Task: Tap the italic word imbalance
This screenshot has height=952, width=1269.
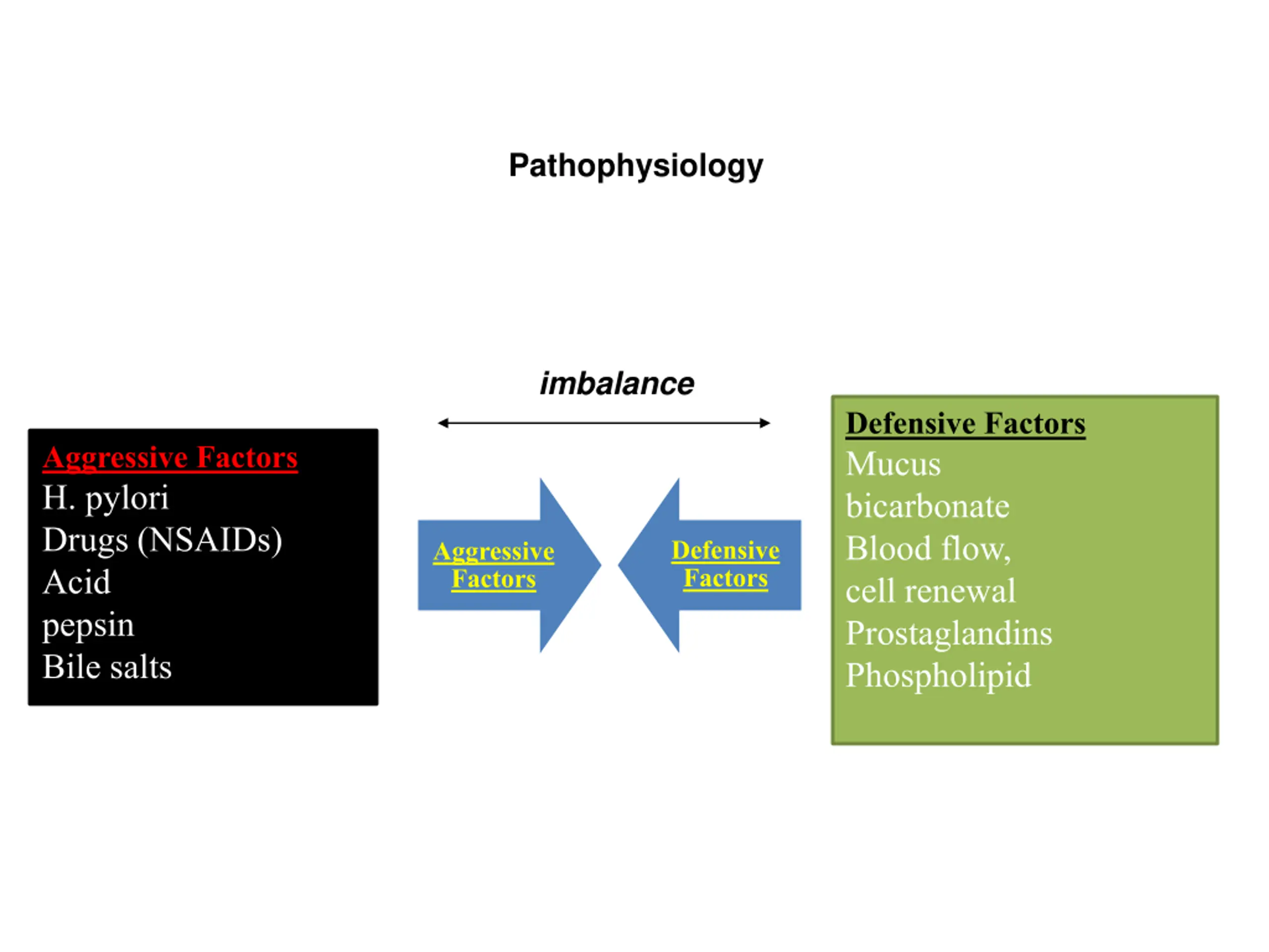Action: click(x=617, y=383)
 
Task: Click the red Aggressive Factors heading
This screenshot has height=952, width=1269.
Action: click(x=170, y=459)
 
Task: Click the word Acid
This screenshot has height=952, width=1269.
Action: click(x=76, y=582)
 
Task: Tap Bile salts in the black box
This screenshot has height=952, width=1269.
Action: click(x=107, y=667)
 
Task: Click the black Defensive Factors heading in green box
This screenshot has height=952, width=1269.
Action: click(x=966, y=424)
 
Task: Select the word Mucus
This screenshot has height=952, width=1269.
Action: click(x=893, y=464)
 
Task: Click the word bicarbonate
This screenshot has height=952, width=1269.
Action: click(x=927, y=506)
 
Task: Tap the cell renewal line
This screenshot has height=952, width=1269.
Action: click(x=930, y=591)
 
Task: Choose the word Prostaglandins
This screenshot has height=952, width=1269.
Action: click(x=949, y=634)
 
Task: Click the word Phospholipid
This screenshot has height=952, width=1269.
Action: click(x=938, y=676)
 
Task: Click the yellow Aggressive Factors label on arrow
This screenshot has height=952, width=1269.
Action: click(x=494, y=565)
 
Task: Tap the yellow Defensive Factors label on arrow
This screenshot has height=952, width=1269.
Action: click(x=726, y=564)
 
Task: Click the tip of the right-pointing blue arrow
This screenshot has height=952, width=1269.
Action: click(x=601, y=565)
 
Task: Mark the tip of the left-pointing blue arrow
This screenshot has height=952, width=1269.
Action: click(x=619, y=565)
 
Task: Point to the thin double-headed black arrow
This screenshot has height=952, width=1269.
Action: click(x=604, y=423)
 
